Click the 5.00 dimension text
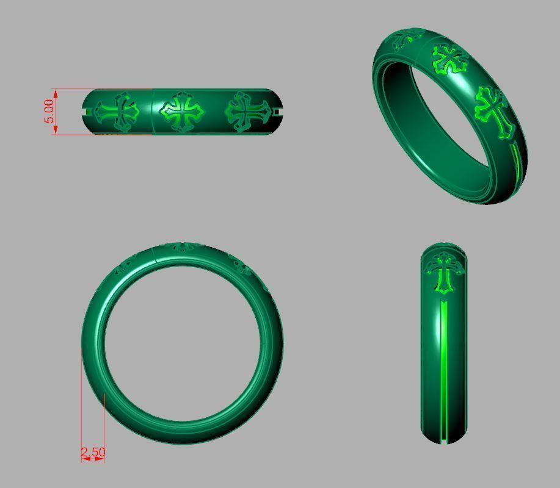[49, 111]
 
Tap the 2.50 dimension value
[93, 452]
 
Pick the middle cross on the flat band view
[181, 112]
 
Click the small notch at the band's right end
[278, 112]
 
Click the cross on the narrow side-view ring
[445, 271]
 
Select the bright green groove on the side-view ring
[444, 366]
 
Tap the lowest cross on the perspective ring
[494, 110]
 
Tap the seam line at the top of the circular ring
[156, 255]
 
